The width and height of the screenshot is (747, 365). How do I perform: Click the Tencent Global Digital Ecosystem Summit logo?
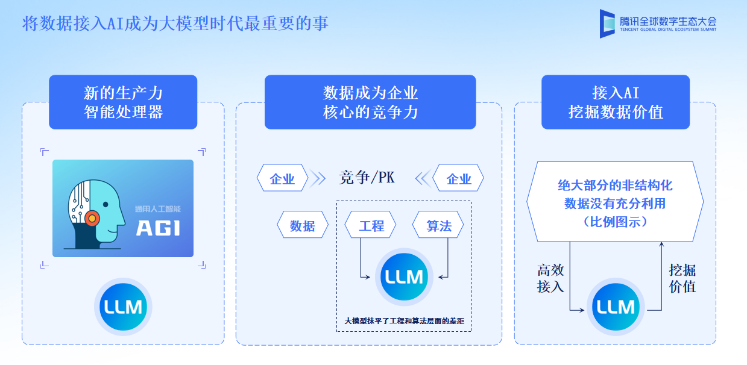(x=658, y=23)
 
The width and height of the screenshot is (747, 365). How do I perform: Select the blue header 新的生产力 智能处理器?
(x=123, y=102)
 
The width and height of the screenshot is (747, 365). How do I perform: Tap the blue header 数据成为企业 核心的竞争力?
(x=370, y=102)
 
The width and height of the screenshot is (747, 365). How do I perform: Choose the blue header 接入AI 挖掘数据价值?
(x=615, y=102)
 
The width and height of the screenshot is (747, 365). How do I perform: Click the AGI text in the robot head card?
(x=157, y=228)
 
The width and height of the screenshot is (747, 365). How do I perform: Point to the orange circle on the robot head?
(x=92, y=217)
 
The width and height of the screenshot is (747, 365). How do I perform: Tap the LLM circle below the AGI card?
(x=123, y=307)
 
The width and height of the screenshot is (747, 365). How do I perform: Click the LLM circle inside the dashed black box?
(x=403, y=276)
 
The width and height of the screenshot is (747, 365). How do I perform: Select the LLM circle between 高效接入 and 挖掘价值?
(x=616, y=307)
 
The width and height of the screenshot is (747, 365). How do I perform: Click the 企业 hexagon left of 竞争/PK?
(x=282, y=179)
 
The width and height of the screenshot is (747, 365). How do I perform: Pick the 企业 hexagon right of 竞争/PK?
(x=459, y=179)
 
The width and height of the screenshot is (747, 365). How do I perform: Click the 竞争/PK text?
(x=366, y=178)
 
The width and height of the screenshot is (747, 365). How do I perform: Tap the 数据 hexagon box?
(x=303, y=226)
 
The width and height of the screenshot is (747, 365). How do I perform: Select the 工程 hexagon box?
(x=371, y=226)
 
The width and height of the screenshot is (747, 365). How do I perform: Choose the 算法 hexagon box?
(x=438, y=226)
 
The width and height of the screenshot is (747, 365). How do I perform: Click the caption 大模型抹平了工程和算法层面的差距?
(x=403, y=321)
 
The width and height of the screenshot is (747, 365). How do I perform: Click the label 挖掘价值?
(x=682, y=278)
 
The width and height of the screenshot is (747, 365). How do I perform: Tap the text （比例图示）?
(x=615, y=221)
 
